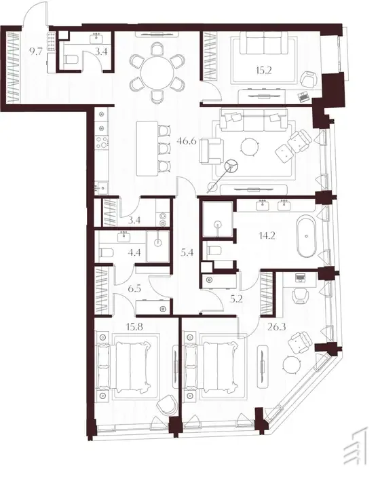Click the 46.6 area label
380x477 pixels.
click(x=187, y=141)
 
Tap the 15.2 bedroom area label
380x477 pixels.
click(x=263, y=71)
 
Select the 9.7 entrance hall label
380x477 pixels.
click(x=35, y=52)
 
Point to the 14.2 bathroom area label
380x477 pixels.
click(x=267, y=235)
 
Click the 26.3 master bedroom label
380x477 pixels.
click(x=277, y=327)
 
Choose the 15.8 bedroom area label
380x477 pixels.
click(x=134, y=327)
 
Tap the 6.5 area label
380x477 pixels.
click(x=134, y=288)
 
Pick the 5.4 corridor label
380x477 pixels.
click(x=187, y=252)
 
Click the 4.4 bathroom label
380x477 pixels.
click(x=134, y=252)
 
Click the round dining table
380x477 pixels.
click(x=157, y=73)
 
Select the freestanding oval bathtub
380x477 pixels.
click(x=306, y=236)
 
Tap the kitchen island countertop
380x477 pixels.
click(x=147, y=149)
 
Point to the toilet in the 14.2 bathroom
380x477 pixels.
click(x=214, y=251)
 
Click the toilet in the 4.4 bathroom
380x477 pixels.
click(x=107, y=253)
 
